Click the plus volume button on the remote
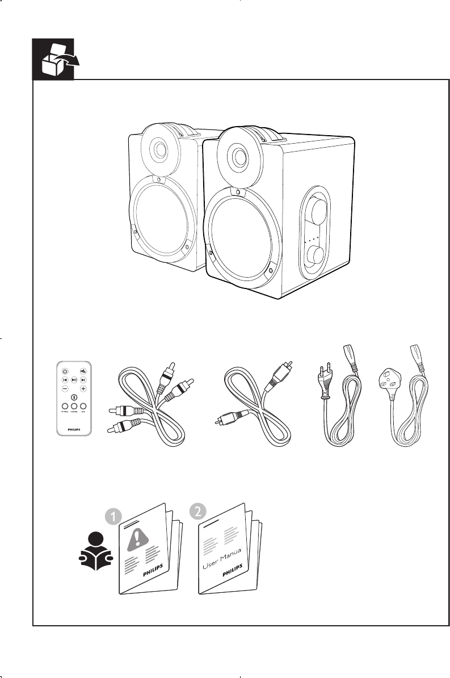[x=83, y=388]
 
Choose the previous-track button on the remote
[x=65, y=379]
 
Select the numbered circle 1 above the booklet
[x=113, y=516]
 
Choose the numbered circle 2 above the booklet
[x=196, y=511]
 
